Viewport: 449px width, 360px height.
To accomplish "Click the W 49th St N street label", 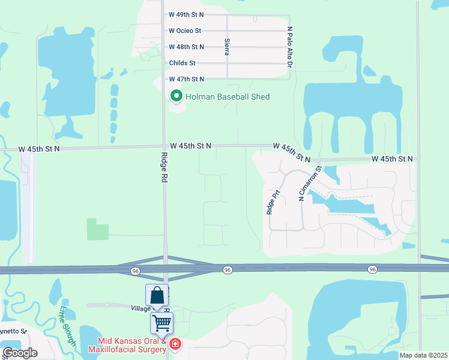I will [186, 14].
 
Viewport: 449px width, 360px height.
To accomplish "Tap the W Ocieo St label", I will [184, 30].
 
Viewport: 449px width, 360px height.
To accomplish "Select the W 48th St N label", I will [186, 46].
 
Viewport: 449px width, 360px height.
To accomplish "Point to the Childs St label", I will [182, 62].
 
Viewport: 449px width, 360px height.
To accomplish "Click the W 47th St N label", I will [186, 79].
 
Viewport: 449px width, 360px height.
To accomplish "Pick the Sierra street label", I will [227, 47].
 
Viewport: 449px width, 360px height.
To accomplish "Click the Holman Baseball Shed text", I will [228, 96].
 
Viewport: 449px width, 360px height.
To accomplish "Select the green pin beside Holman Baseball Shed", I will [176, 96].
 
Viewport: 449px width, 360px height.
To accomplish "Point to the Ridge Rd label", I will [164, 167].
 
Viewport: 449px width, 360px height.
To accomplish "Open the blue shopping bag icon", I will [157, 295].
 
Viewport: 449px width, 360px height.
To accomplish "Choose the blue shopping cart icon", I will [161, 323].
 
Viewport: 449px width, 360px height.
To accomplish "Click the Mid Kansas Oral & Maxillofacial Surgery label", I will [128, 349].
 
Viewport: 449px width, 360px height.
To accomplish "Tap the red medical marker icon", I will [175, 344].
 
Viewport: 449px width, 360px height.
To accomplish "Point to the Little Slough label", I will [67, 326].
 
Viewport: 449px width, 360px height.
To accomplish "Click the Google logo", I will [20, 353].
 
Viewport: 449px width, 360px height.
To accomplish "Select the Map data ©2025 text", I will [423, 355].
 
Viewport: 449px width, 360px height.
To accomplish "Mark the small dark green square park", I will [98, 229].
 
